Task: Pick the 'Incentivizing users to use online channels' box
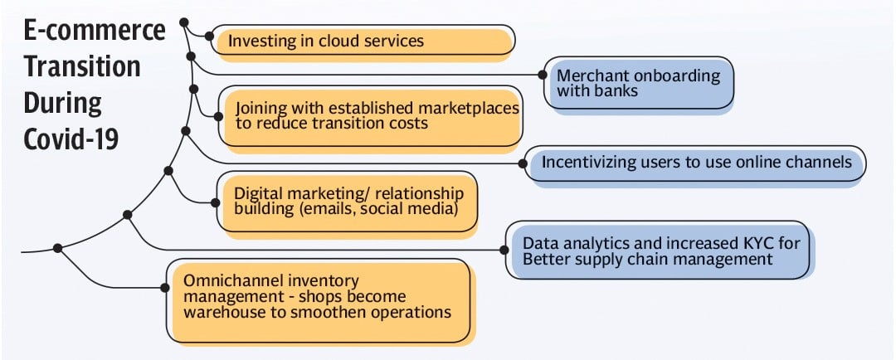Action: (695, 164)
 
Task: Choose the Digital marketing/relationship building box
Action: (348, 203)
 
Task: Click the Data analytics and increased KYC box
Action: (658, 251)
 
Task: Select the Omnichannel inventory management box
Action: (319, 301)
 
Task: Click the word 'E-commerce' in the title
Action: (95, 31)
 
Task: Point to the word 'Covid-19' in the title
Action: (71, 139)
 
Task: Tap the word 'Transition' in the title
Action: (81, 66)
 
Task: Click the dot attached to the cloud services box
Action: (209, 36)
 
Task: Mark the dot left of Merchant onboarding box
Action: (542, 75)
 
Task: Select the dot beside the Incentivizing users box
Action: (523, 163)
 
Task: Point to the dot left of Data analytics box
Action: (504, 250)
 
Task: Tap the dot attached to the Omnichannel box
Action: (165, 288)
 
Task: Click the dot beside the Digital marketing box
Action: (216, 202)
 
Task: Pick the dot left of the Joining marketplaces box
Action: (217, 116)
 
